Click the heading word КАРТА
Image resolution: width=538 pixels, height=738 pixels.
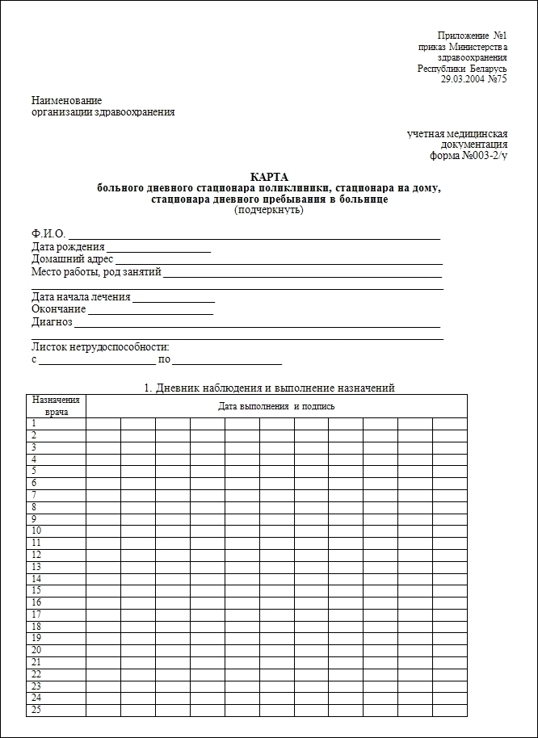point(269,177)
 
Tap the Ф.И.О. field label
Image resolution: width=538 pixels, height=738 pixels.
point(48,234)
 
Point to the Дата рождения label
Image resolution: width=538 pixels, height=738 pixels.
point(68,246)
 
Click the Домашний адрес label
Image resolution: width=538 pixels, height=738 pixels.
point(72,259)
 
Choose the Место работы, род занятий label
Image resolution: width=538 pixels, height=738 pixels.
point(96,272)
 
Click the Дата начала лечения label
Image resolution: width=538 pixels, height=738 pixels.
point(80,296)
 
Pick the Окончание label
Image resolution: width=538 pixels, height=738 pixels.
point(58,308)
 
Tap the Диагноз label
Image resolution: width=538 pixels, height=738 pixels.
point(52,321)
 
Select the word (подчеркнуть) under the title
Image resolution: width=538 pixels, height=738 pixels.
point(269,210)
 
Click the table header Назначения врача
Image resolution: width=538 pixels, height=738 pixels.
point(56,405)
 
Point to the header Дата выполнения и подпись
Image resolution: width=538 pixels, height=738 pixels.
point(276,406)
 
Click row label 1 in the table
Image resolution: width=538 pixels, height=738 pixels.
point(35,423)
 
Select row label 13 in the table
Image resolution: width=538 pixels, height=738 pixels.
point(36,567)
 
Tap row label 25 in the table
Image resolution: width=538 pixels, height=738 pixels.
point(36,710)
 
